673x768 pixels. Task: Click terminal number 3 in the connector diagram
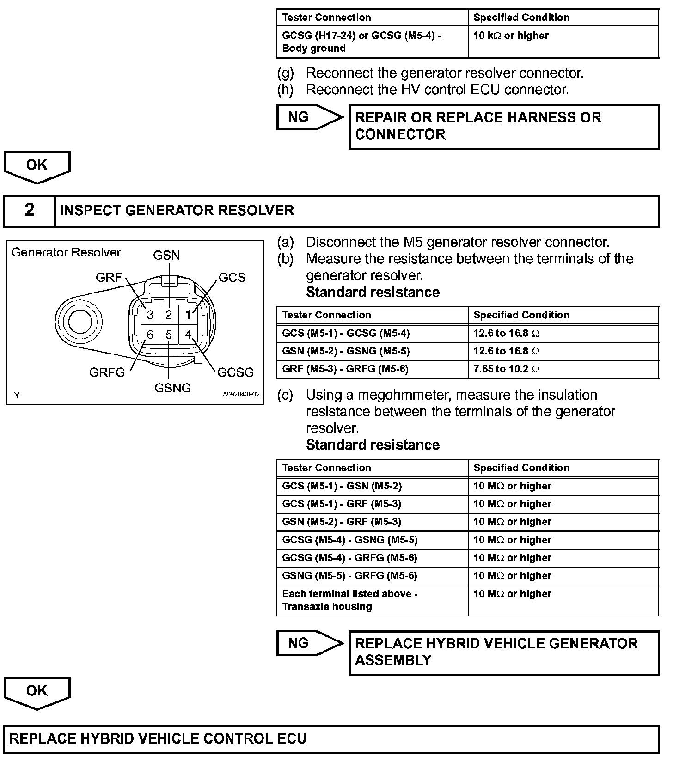click(150, 315)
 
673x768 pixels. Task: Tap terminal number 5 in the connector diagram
click(169, 335)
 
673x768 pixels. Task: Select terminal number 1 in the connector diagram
click(188, 315)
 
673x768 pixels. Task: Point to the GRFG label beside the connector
click(107, 372)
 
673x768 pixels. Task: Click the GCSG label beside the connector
click(235, 372)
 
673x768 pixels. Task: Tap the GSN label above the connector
click(166, 256)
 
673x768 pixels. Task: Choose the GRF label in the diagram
click(109, 277)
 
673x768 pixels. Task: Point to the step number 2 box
click(29, 211)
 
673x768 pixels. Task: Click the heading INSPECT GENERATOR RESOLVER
click(177, 211)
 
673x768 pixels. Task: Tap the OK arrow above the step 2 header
click(37, 166)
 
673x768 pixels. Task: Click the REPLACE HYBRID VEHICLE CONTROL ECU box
click(331, 738)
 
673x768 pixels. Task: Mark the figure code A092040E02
click(241, 395)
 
